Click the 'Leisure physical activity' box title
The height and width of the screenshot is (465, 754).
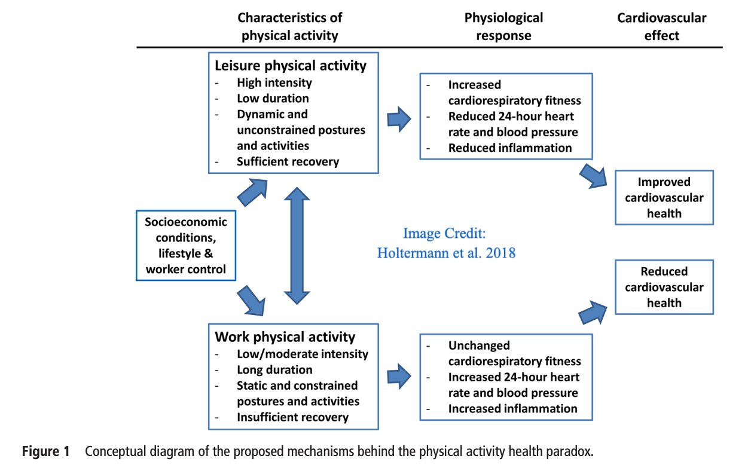pyautogui.click(x=291, y=66)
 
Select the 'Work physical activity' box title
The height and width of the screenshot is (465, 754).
pyautogui.click(x=285, y=337)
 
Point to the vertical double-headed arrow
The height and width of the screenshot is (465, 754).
pyautogui.click(x=297, y=246)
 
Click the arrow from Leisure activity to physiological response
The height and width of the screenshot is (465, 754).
pyautogui.click(x=399, y=119)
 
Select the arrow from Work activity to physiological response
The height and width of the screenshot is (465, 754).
pyautogui.click(x=399, y=376)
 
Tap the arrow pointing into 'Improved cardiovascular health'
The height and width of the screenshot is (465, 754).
pyautogui.click(x=593, y=176)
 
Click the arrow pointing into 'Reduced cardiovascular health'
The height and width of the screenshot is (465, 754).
pyautogui.click(x=593, y=313)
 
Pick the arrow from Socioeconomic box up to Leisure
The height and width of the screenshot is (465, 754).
pyautogui.click(x=252, y=192)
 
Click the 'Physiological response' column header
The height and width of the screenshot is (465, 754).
pyautogui.click(x=503, y=26)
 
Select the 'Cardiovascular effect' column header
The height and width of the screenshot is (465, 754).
pyautogui.click(x=662, y=26)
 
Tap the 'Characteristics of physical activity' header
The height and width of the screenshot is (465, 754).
pyautogui.click(x=290, y=26)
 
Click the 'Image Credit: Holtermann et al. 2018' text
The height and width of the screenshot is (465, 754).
pyautogui.click(x=446, y=243)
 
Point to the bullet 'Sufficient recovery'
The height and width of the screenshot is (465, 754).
pyautogui.click(x=288, y=161)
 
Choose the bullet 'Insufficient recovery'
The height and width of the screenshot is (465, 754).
pyautogui.click(x=292, y=417)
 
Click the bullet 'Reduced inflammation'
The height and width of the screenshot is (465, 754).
pyautogui.click(x=510, y=148)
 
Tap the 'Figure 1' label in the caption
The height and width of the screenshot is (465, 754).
pyautogui.click(x=46, y=451)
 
